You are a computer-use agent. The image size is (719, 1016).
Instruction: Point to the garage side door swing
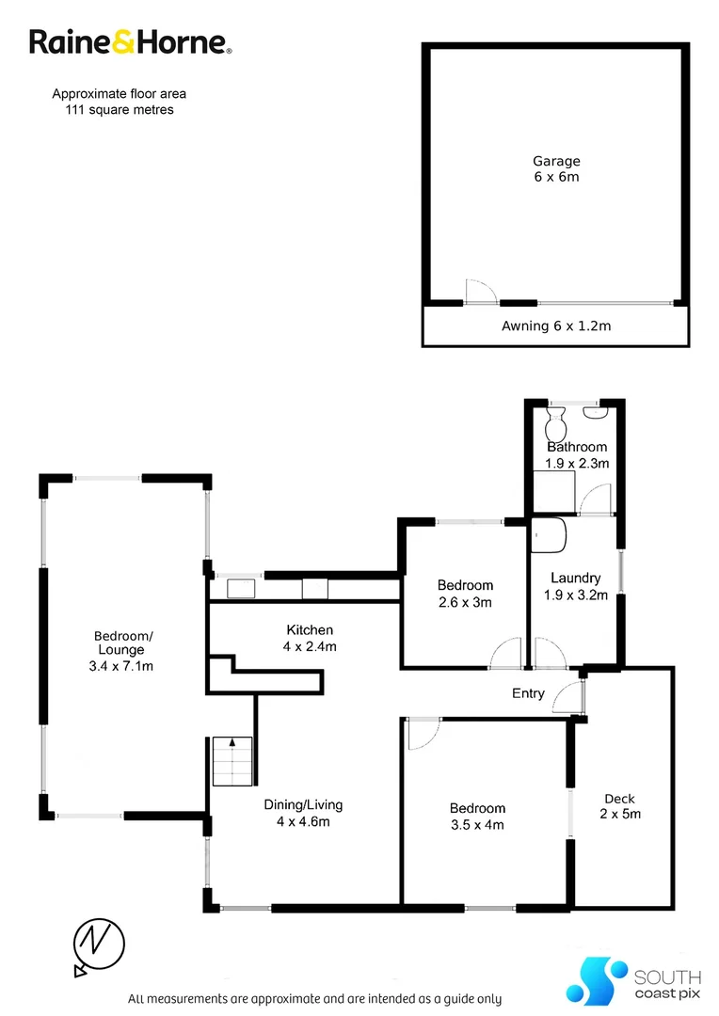pos(479,291)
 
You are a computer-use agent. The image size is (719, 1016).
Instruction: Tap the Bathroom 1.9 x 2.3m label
pos(577,455)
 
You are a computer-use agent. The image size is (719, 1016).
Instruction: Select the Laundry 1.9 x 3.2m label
pos(576,586)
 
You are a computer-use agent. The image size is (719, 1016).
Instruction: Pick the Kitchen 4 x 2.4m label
pos(311,638)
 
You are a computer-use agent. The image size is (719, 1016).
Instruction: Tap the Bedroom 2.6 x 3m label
pos(465,594)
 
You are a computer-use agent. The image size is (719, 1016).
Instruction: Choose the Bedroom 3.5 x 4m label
pos(477,817)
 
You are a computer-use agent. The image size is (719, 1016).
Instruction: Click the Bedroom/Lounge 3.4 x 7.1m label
pos(123,651)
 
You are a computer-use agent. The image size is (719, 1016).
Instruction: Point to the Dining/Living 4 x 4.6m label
pos(303,813)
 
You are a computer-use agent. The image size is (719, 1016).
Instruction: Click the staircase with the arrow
pos(232,760)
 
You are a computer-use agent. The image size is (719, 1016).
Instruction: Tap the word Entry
pos(528,693)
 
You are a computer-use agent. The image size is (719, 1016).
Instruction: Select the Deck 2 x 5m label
pos(621,806)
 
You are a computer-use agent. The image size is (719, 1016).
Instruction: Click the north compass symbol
pos(99,943)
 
